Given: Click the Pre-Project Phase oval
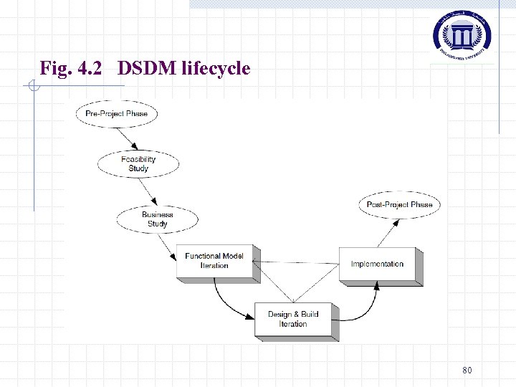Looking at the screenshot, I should pyautogui.click(x=116, y=114).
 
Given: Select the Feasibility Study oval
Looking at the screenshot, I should pyautogui.click(x=138, y=164).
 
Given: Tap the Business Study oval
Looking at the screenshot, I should pyautogui.click(x=157, y=219).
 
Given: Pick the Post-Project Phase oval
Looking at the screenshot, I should pyautogui.click(x=399, y=205).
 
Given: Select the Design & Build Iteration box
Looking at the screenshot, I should pyautogui.click(x=293, y=319).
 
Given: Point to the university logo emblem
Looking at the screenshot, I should pyautogui.click(x=462, y=33).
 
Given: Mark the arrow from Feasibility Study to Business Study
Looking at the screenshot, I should pyautogui.click(x=148, y=191).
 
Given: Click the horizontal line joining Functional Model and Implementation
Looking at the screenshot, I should pyautogui.click(x=300, y=262).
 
